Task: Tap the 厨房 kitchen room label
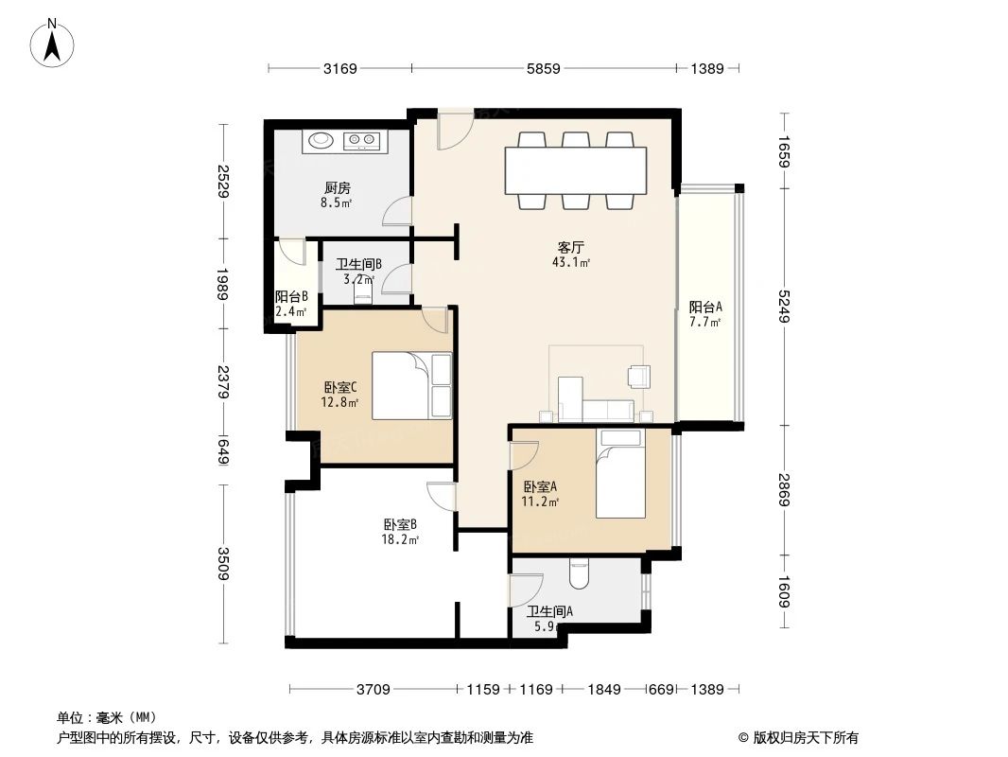coord(337,187)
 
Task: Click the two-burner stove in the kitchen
coord(362,141)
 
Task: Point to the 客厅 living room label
coord(570,248)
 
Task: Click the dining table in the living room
coord(576,169)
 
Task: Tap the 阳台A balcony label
coord(705,308)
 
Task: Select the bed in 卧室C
coord(411,385)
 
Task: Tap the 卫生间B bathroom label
coord(358,264)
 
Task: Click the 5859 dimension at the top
coord(544,68)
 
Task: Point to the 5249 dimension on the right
coord(784,305)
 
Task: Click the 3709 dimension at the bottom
coord(374,690)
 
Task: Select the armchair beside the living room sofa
coord(638,377)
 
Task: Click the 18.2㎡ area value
coord(400,539)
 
